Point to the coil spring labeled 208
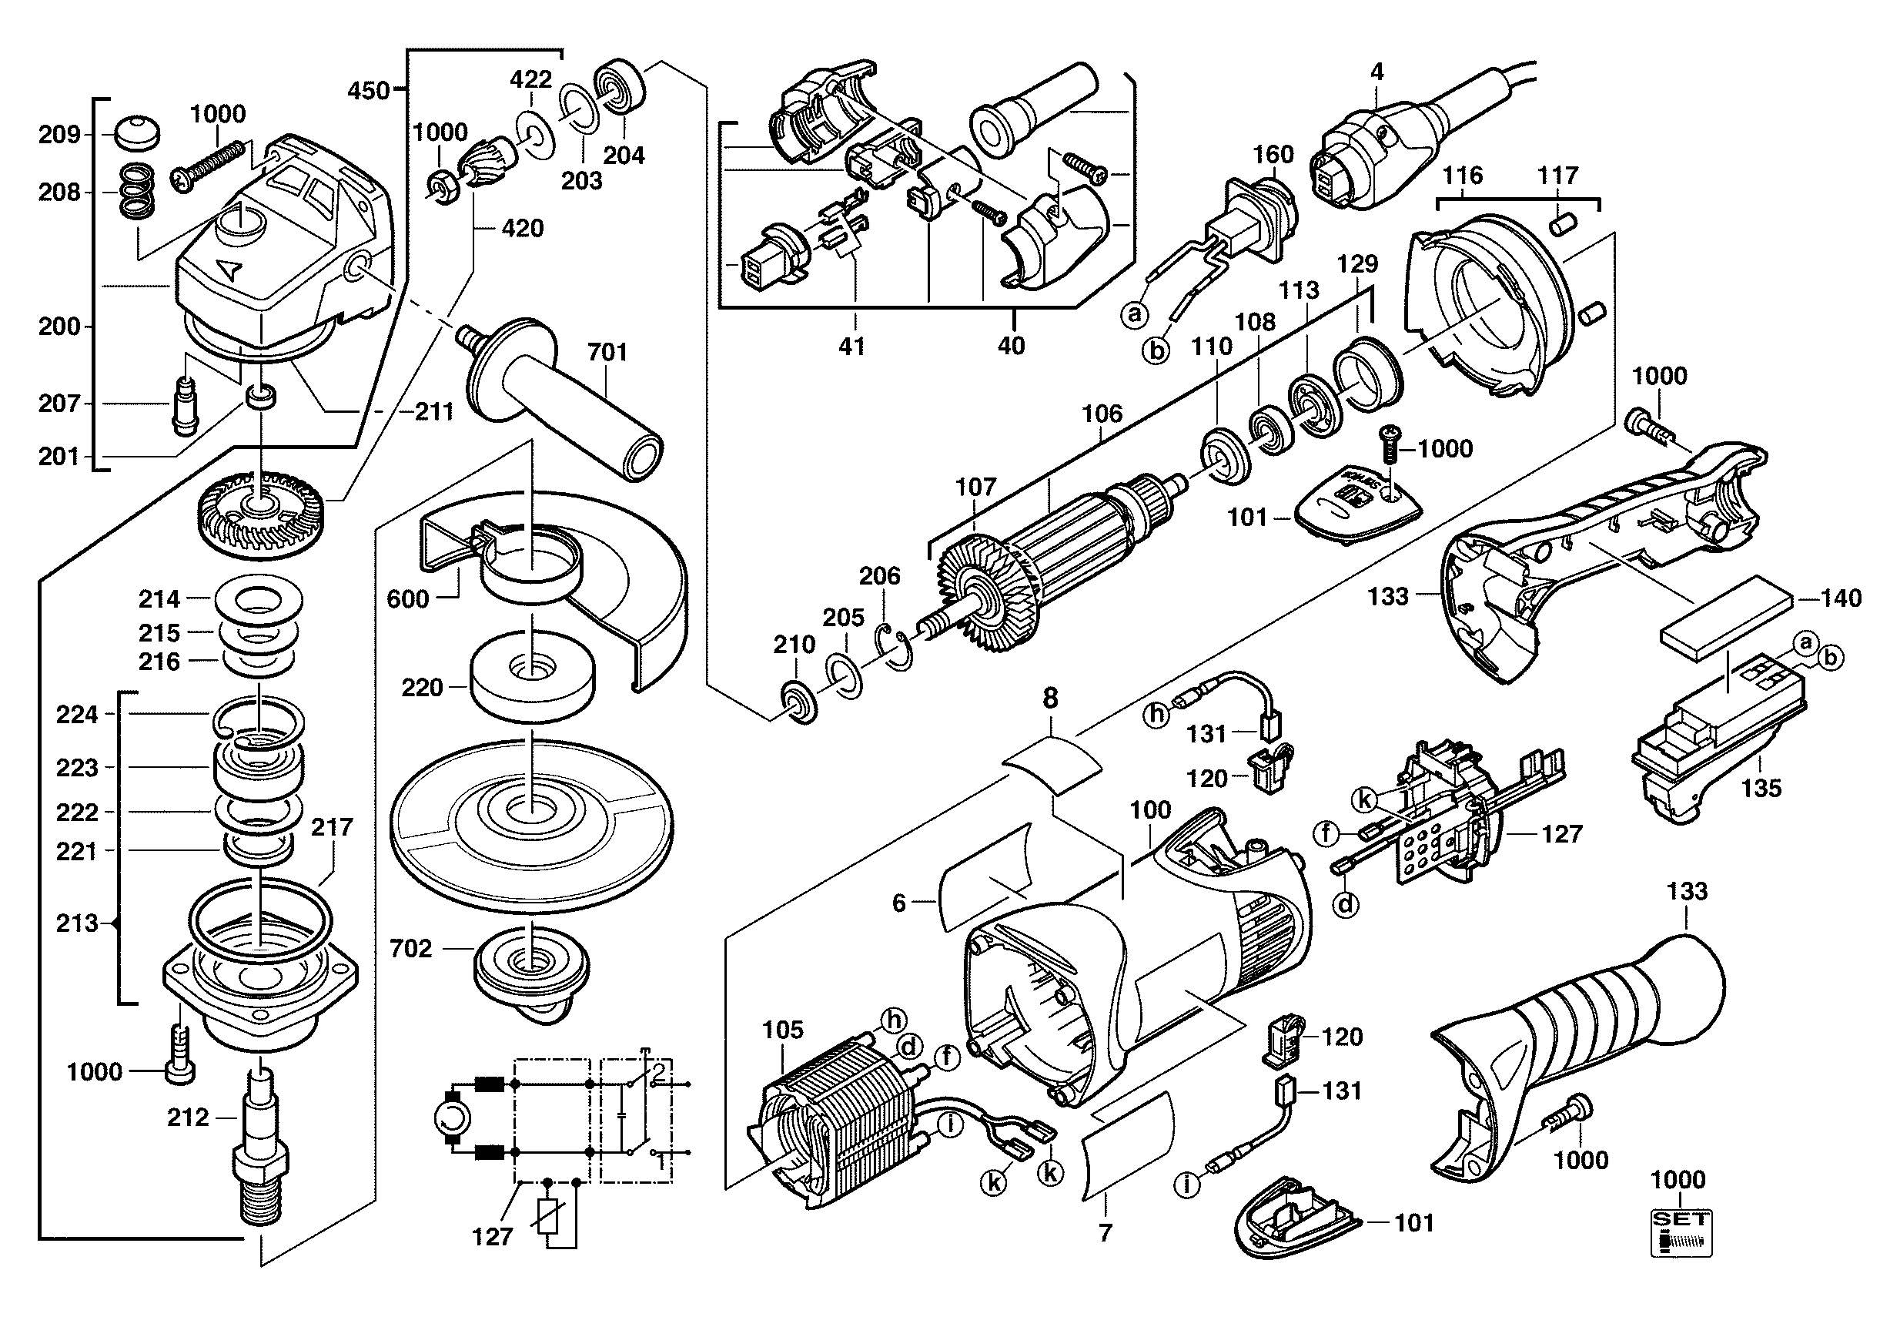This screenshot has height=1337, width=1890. pos(138,193)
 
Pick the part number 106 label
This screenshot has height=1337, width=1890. pos(1102,414)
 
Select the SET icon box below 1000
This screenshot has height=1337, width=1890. pos(1681,1233)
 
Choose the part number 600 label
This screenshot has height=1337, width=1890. pos(407,598)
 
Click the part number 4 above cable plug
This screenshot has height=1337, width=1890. pos(1377,72)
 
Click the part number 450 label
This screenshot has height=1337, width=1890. pos(368,90)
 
